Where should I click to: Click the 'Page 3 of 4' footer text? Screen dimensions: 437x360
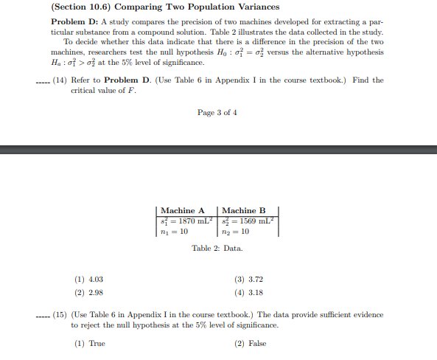[217, 113]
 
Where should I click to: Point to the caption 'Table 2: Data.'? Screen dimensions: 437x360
[218, 248]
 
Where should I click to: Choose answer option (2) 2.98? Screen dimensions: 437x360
[89, 292]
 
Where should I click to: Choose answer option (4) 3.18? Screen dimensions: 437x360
[248, 292]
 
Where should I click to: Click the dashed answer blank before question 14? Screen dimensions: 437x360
[43, 80]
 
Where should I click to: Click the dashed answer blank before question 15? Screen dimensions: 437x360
[43, 316]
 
